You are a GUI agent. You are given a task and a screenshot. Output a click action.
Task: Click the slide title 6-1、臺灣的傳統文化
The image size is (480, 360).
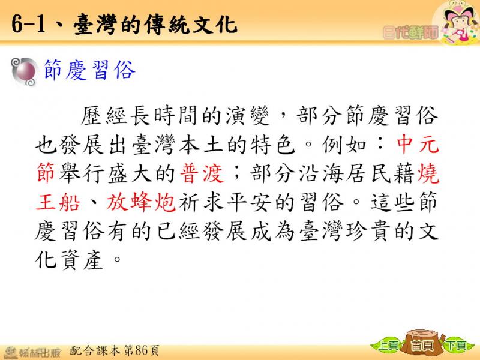124,24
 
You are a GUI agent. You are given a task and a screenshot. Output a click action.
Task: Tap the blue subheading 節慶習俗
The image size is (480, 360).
89,70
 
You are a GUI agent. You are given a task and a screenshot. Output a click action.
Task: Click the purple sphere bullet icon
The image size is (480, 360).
24,72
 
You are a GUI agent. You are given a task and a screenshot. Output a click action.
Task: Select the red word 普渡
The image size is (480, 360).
202,173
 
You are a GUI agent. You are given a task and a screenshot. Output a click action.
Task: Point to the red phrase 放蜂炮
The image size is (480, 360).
141,202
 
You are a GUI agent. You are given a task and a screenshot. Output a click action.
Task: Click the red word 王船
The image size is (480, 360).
58,202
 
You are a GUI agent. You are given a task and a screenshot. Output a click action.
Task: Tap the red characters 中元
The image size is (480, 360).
418,144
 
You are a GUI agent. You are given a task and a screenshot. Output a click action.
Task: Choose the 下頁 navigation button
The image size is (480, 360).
457,346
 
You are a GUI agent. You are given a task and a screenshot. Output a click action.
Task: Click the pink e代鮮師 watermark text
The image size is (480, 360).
410,32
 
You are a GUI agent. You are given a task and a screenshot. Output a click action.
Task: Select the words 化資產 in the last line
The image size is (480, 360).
69,260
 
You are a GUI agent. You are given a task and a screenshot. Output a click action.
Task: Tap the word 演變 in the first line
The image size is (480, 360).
247,116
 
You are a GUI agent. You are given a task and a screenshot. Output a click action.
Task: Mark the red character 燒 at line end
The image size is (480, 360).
428,173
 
